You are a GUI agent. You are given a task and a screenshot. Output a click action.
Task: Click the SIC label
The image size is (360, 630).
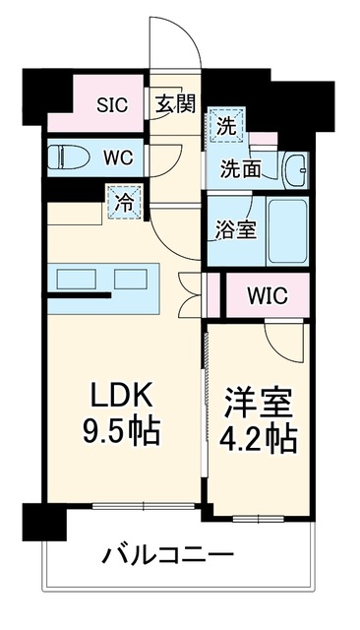pos(112,105)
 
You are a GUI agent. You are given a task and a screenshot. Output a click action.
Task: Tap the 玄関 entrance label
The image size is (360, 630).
pos(176,103)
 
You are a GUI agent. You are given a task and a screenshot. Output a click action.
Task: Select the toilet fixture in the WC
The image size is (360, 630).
pos(68,157)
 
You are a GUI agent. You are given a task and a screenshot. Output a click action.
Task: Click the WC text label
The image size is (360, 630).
pos(118,157)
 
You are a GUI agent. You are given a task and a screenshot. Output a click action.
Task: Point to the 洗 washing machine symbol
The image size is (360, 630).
pos(227,125)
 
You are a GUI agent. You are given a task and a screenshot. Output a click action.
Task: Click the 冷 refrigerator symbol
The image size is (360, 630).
pos(124,202)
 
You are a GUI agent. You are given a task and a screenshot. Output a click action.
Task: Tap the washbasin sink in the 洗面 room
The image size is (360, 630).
pos(295,170)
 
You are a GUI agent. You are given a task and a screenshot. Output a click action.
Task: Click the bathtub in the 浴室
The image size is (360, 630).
pos(287,231)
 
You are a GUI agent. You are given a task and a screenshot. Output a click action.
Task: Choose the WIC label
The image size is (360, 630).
pos(268,295)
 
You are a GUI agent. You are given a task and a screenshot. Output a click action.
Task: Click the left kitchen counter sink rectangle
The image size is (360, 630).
pos(77,280)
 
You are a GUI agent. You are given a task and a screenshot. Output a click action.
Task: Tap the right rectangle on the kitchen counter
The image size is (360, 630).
pos(131,280)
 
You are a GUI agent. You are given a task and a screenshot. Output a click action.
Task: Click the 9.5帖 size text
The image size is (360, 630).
pos(121,431)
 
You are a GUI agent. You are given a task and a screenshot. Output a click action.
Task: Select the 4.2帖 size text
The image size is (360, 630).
pos(258,440)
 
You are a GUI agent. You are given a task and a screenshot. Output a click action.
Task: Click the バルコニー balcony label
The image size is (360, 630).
pos(168,555)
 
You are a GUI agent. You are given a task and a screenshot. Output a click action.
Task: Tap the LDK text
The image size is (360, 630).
pos(122,395)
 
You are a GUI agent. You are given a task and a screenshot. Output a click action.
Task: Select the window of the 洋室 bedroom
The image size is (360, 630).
pos(259,519)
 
